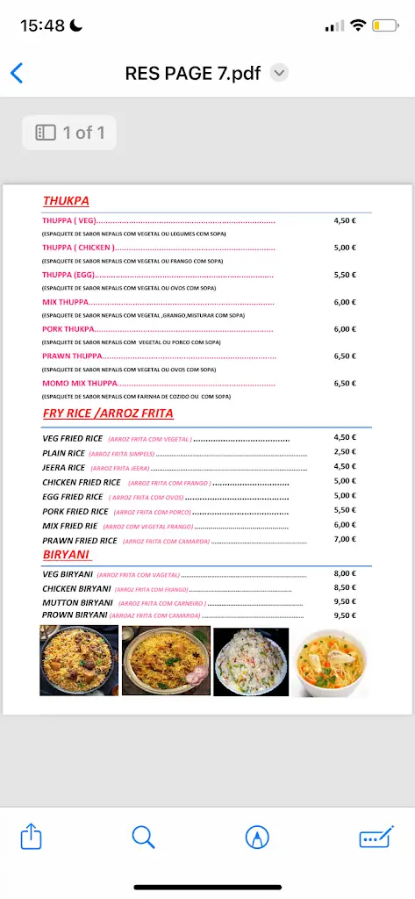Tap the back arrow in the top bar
(17, 73)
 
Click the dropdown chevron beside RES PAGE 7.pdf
(279, 73)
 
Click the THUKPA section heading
(66, 200)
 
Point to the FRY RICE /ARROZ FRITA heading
(108, 413)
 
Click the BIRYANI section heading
(67, 554)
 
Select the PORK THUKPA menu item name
(68, 329)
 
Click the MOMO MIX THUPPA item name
(80, 384)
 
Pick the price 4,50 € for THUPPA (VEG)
(345, 220)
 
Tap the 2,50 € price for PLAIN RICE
(345, 451)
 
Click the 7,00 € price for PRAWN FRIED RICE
(345, 539)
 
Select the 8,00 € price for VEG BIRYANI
(345, 573)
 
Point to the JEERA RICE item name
(64, 467)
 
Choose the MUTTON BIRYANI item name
(78, 602)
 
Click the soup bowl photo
(330, 662)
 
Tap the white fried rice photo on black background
(251, 662)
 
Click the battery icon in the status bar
(384, 25)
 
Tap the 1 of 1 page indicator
(69, 133)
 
